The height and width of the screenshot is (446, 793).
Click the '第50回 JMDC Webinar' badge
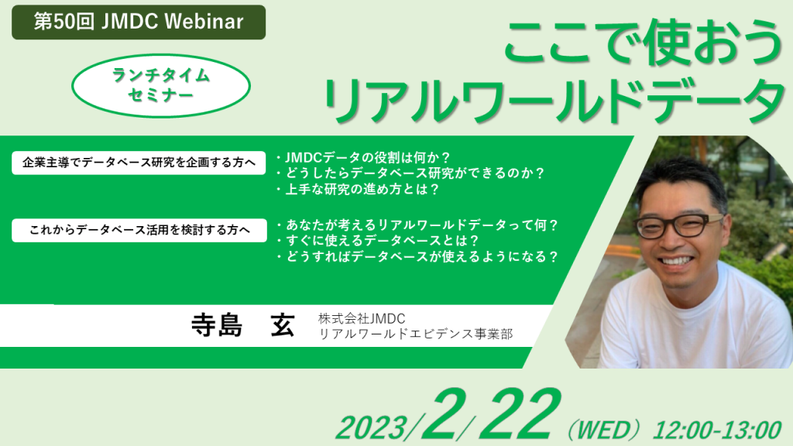point(139,22)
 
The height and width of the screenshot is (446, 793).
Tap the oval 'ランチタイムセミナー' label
point(161,85)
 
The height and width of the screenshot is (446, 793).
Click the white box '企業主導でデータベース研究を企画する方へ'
point(139,163)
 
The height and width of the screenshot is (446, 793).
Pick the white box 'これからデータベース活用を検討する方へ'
point(139,230)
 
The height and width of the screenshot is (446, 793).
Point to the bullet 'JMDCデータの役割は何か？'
point(363,157)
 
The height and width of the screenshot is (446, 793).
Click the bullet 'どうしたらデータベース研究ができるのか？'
point(410,173)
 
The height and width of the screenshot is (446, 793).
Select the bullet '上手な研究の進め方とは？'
point(358,189)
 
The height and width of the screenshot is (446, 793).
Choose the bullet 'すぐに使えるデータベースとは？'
point(377,240)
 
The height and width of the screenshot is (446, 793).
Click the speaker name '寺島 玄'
point(242,324)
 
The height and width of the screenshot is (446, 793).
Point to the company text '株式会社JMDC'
point(362,318)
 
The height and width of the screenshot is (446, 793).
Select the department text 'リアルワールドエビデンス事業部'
point(415,334)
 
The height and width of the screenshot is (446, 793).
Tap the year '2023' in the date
point(372,427)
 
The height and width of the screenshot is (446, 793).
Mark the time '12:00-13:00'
point(717,431)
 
